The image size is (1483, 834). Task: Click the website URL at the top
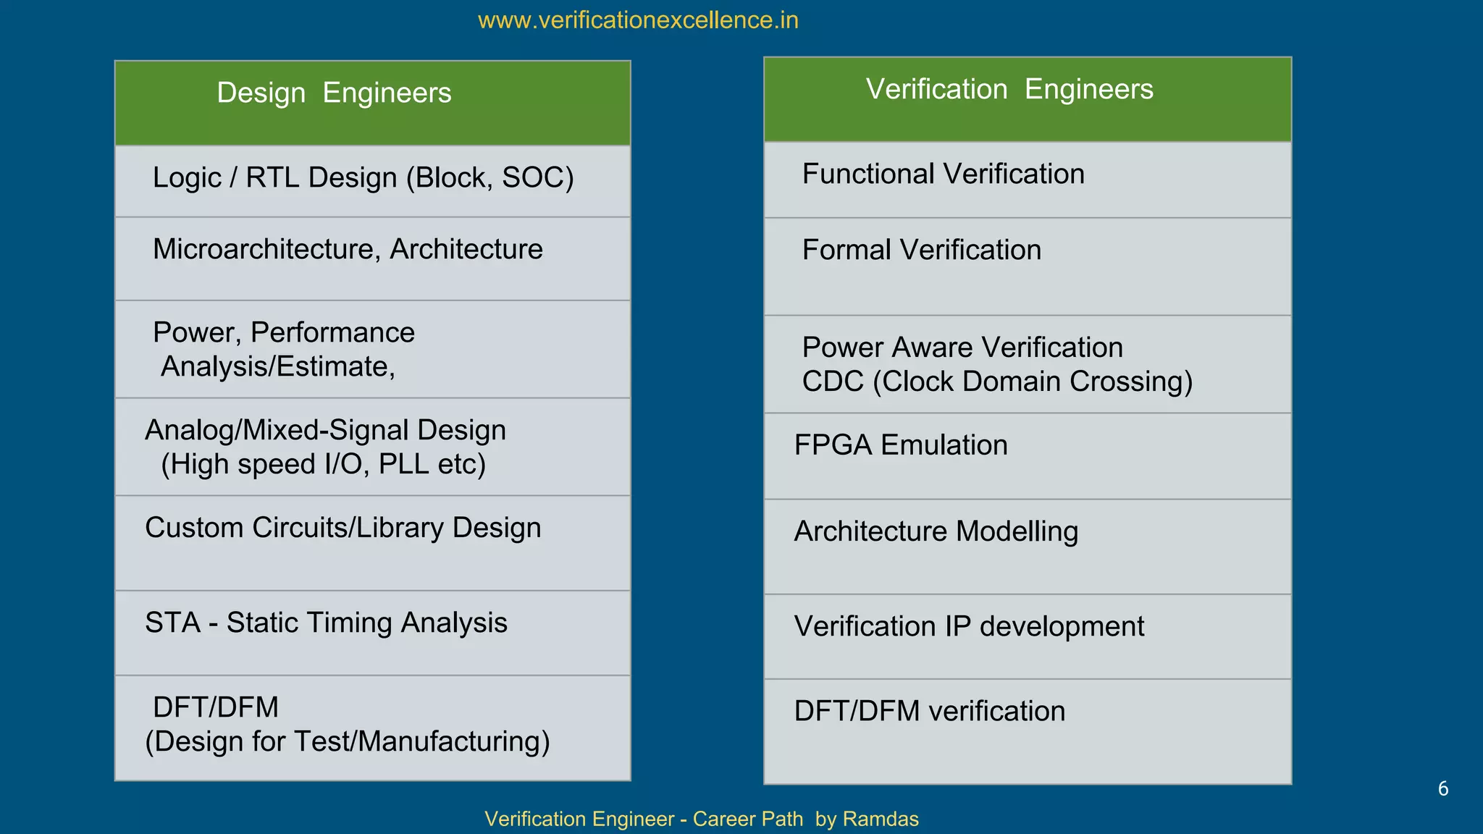(638, 20)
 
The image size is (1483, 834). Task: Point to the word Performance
(332, 333)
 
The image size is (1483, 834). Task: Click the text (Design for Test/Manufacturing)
(348, 742)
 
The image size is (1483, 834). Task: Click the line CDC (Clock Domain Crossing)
(997, 382)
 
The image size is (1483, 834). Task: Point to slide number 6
(1442, 789)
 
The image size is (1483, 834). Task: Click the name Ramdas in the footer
(881, 820)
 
